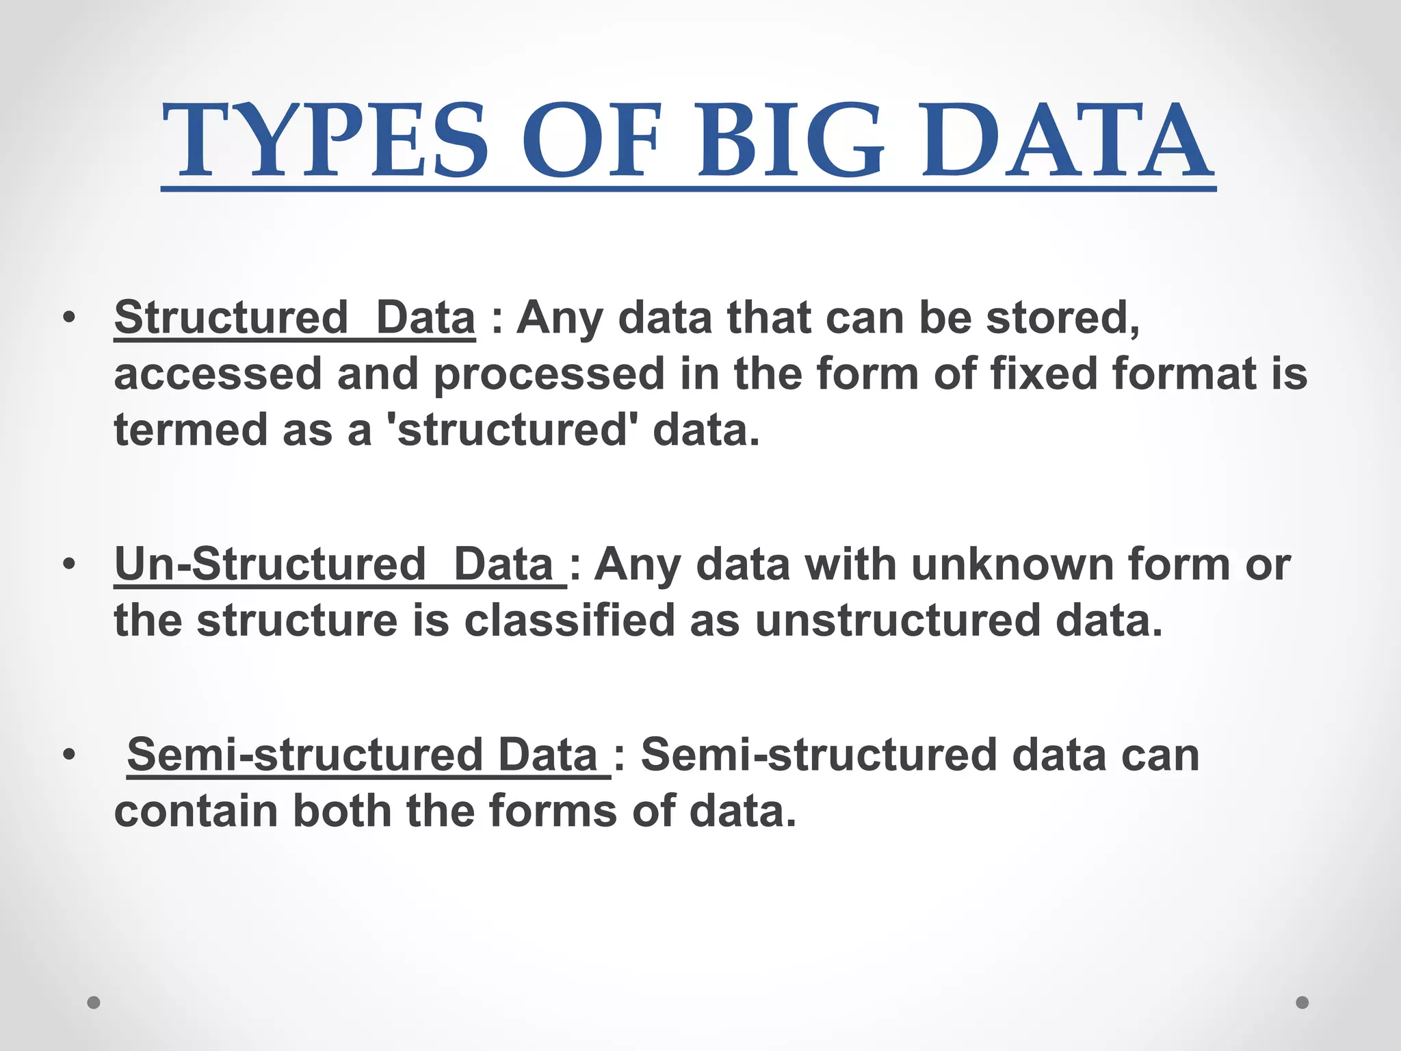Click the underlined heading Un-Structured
[270, 565]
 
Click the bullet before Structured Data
[68, 318]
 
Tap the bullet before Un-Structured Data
[68, 565]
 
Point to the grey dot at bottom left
[94, 1002]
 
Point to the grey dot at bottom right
[1302, 1002]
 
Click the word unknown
[1012, 565]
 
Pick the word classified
[569, 621]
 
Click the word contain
[196, 812]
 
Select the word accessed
[218, 375]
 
